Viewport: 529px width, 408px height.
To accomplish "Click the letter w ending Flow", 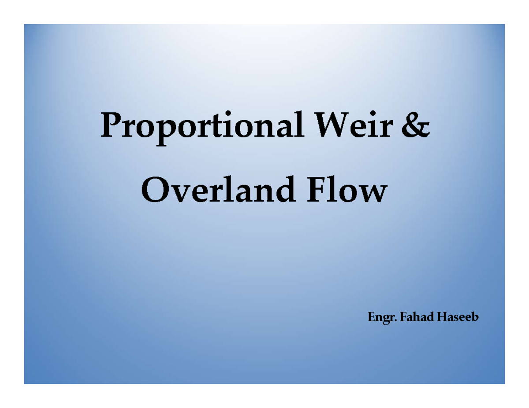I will pos(372,194).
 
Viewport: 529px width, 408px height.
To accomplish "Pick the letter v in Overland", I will pos(176,194).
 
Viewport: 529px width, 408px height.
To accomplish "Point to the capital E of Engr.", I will pos(370,316).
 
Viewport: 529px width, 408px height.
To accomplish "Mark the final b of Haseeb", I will pos(474,316).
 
